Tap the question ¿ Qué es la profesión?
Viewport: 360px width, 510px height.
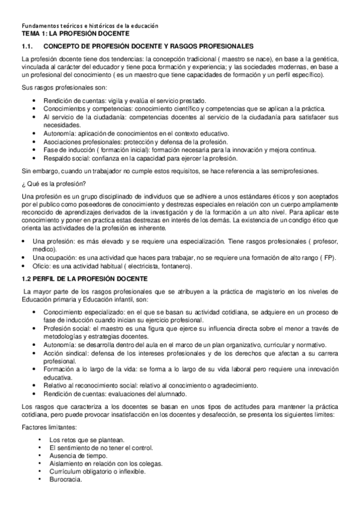click(53, 183)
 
